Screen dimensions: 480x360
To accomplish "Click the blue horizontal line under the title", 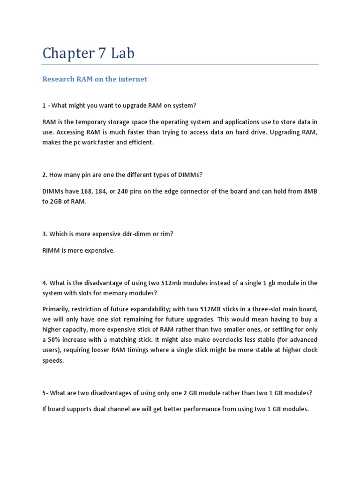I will (x=180, y=65).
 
